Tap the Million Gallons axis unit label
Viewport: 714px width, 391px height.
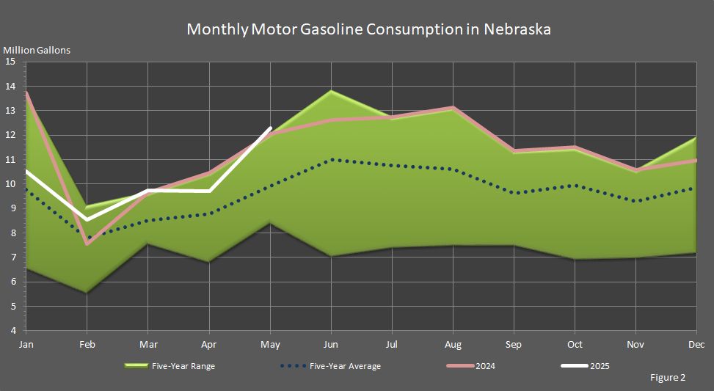pyautogui.click(x=37, y=51)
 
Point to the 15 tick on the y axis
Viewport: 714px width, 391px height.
pyautogui.click(x=10, y=62)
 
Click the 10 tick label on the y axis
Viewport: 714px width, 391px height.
pyautogui.click(x=10, y=184)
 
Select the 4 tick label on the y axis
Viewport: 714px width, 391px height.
pyautogui.click(x=12, y=331)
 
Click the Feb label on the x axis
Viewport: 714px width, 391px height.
pyautogui.click(x=87, y=344)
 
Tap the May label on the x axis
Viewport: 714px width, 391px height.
pyautogui.click(x=272, y=344)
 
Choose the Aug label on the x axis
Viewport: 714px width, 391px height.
pyautogui.click(x=453, y=344)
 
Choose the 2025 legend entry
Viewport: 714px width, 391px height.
pyautogui.click(x=599, y=366)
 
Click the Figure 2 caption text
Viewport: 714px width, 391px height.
pyautogui.click(x=668, y=378)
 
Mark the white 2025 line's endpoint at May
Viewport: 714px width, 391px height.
pyautogui.click(x=272, y=128)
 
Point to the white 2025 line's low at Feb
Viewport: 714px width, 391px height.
pyautogui.click(x=87, y=219)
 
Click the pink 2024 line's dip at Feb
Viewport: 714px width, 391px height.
pyautogui.click(x=87, y=244)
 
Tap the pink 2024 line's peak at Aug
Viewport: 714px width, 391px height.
pyautogui.click(x=453, y=107)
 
